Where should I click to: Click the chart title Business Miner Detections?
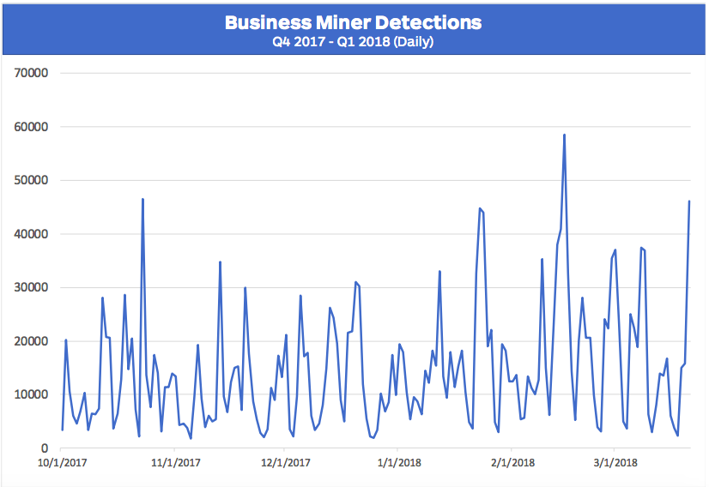(353, 22)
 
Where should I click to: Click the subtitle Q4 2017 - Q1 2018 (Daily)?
(353, 41)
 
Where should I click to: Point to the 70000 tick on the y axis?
(31, 73)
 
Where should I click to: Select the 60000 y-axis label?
(31, 127)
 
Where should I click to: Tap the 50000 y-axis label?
(31, 180)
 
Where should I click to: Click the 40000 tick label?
(31, 234)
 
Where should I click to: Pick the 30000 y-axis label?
(31, 287)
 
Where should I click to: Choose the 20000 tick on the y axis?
(31, 341)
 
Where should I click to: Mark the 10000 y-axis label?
(31, 394)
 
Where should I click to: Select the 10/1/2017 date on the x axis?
(63, 463)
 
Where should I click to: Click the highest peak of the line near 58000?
(564, 135)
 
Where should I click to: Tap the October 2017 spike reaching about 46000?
(142, 199)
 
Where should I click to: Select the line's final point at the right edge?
(689, 201)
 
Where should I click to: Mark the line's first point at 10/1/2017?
(62, 430)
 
